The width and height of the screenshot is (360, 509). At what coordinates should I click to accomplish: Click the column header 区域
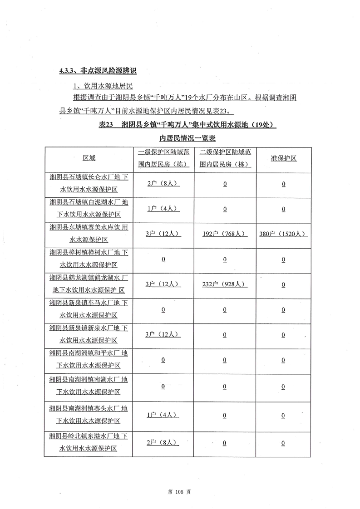[89, 158]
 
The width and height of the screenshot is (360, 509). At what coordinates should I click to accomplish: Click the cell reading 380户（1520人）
[283, 234]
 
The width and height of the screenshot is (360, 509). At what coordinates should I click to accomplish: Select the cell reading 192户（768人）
[224, 234]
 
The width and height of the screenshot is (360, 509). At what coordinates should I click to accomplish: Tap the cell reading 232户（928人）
[224, 284]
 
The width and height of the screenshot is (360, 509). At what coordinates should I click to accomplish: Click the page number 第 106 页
[180, 492]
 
